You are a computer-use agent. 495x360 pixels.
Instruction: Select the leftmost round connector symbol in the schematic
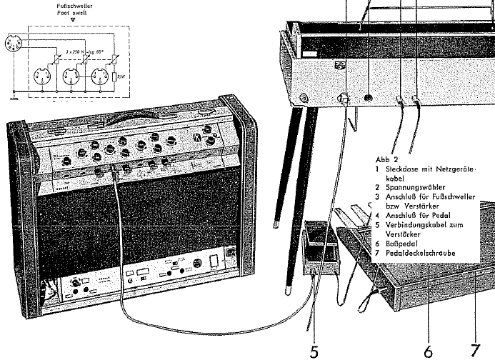(x=16, y=46)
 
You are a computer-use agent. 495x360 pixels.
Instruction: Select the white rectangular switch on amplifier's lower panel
(x=213, y=261)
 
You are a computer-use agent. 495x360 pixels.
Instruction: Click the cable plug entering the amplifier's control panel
(x=114, y=172)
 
